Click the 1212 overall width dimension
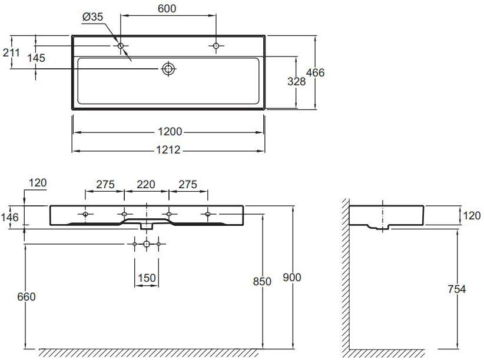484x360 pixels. (168, 151)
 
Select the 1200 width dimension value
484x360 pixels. (168, 131)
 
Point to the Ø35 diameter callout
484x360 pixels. (93, 18)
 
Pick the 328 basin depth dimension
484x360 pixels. (296, 82)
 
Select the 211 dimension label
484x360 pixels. (11, 52)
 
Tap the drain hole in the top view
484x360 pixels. (169, 69)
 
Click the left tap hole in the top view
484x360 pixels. (121, 45)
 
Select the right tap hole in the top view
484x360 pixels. (216, 45)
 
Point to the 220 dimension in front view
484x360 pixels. (146, 184)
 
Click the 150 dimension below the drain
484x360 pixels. (146, 277)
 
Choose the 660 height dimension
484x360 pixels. (25, 296)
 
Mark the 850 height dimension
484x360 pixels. (262, 281)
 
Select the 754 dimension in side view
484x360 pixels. (456, 289)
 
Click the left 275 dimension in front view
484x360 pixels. (105, 184)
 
